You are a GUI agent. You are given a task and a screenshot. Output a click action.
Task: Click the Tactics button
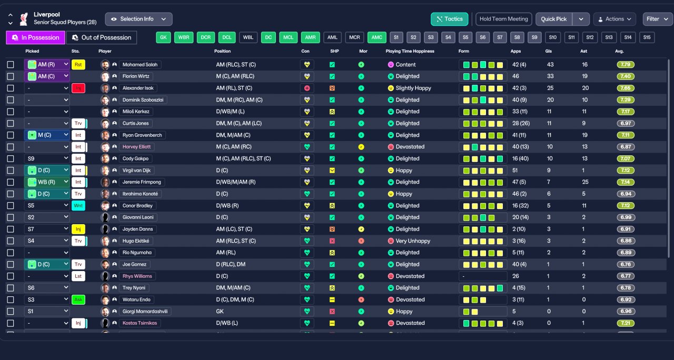[x=449, y=19]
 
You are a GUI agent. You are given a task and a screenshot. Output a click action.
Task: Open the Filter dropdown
[x=658, y=19]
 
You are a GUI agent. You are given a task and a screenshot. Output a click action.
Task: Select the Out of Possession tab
[x=102, y=37]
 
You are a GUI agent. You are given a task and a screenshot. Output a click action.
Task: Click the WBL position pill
[x=248, y=37]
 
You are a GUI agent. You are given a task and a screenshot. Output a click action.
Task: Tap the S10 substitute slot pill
[x=552, y=37]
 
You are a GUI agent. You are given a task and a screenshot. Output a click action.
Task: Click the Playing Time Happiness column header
[x=410, y=51]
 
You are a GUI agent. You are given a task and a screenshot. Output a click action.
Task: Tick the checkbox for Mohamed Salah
[x=11, y=65]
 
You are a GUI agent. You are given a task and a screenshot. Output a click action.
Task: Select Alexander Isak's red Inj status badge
[x=78, y=88]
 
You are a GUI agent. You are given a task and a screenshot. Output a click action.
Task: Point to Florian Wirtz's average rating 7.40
[x=626, y=76]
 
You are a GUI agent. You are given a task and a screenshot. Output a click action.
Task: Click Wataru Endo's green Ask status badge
[x=78, y=299]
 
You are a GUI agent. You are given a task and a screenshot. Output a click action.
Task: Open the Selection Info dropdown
[x=138, y=19]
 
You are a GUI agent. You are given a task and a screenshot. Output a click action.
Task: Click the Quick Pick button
[x=554, y=19]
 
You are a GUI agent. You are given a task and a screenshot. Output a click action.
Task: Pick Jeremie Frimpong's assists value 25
[x=585, y=182]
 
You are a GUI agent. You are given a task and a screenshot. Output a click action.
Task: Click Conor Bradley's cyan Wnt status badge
[x=78, y=206]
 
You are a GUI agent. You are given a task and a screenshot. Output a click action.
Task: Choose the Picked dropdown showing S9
[x=47, y=158]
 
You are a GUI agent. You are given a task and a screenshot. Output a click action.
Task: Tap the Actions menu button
[x=614, y=19]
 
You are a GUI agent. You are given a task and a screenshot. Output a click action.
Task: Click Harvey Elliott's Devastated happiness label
[x=410, y=147]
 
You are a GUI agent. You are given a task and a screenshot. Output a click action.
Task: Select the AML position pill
[x=332, y=37]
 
